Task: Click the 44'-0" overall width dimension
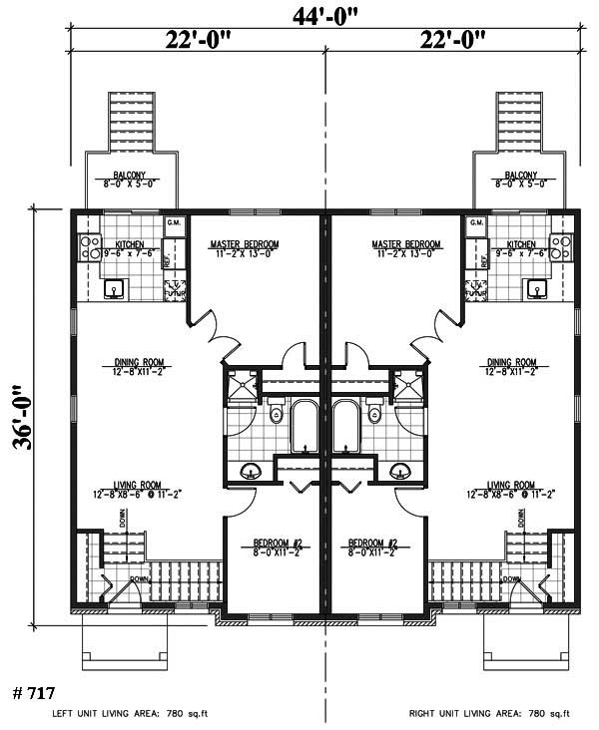click(323, 14)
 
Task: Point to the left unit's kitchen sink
click(113, 289)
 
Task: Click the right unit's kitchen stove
click(561, 246)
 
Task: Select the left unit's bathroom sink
click(251, 470)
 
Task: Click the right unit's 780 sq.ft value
click(549, 714)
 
